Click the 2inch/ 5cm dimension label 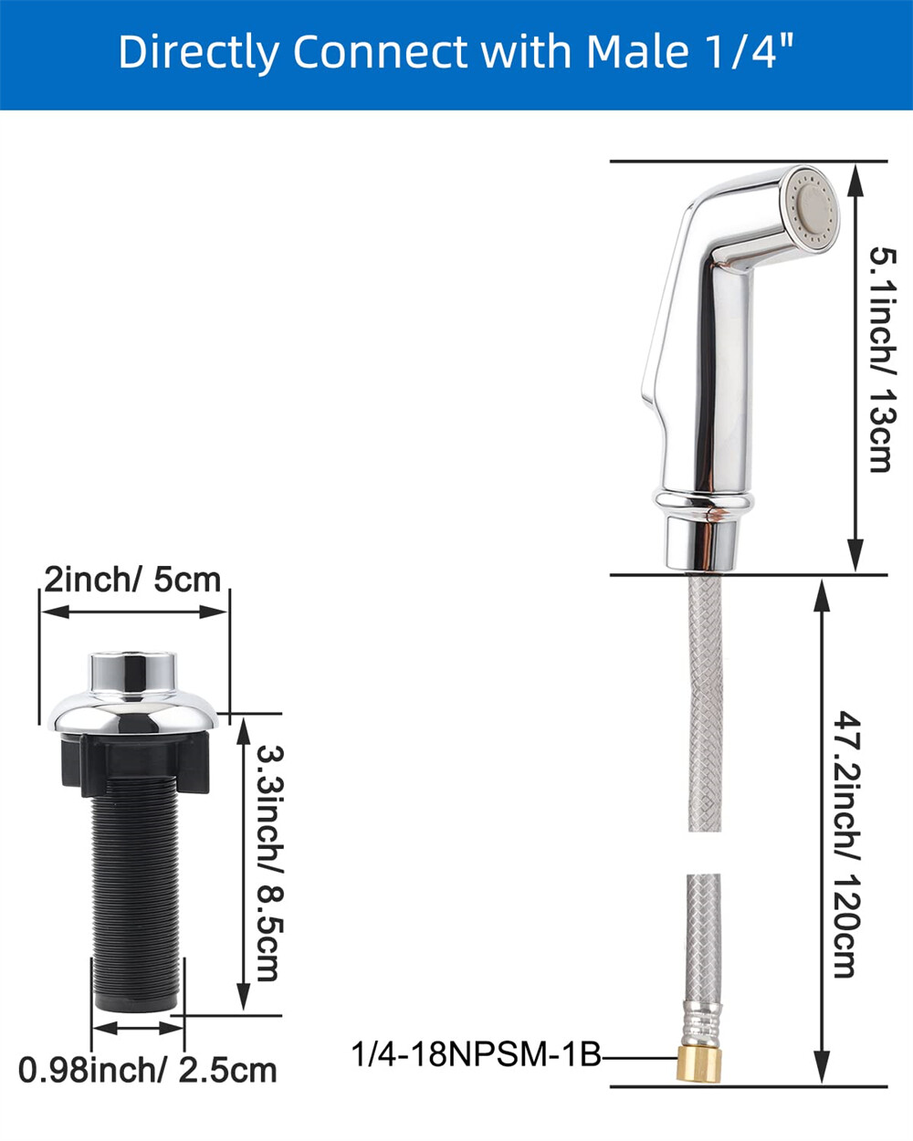133,579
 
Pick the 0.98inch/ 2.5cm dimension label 147,1069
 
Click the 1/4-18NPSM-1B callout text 477,1055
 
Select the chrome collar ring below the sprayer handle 705,500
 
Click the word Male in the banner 635,53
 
